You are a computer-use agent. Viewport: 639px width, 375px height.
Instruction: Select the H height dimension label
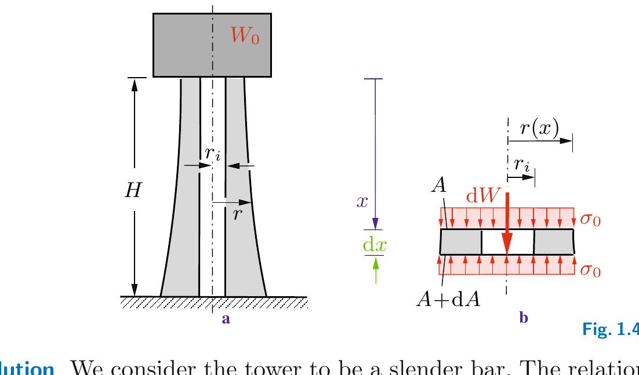click(x=133, y=191)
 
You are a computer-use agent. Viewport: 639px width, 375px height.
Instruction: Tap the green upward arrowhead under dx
click(x=376, y=263)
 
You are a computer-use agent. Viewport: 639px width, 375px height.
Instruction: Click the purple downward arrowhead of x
click(x=375, y=224)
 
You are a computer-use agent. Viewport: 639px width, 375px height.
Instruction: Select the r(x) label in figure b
click(x=539, y=129)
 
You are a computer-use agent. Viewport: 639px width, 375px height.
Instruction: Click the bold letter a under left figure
click(x=227, y=318)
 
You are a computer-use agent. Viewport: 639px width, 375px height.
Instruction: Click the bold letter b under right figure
click(x=524, y=318)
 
